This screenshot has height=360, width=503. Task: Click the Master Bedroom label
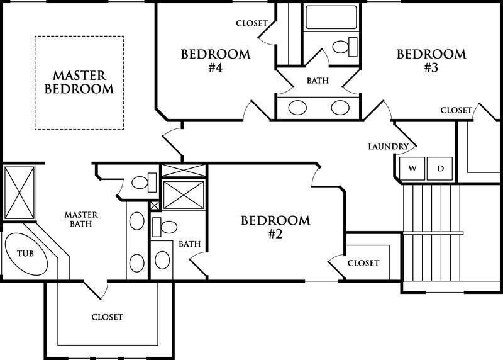point(79,82)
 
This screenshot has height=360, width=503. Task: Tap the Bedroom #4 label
point(216,60)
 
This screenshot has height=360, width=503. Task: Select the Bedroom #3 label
point(431,60)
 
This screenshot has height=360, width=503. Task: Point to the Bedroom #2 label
point(275,227)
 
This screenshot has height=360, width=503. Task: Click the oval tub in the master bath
point(26,254)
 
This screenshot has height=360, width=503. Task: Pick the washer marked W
point(412,168)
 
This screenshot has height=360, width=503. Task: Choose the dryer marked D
point(439,168)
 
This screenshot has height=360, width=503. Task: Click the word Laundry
point(388,147)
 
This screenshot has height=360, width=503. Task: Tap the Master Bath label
point(81,220)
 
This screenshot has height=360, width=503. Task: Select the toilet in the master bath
point(144,183)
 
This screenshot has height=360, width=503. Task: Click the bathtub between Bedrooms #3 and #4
point(331,18)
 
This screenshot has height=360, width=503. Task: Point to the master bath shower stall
point(19,193)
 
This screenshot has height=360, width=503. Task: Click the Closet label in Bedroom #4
point(252,23)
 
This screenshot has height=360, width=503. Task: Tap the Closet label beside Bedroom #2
point(363,263)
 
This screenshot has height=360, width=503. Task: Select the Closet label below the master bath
point(107,317)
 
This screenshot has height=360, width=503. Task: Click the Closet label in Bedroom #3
point(456,111)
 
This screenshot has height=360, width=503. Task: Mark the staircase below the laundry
point(432,238)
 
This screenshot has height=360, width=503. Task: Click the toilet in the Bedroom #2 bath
point(165,227)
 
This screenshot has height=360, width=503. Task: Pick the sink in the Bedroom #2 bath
point(162,260)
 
